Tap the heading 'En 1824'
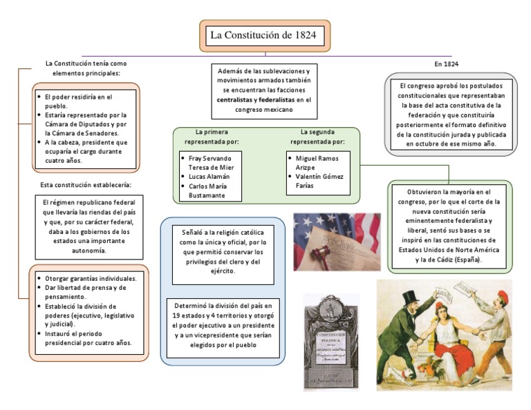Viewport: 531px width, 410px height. tap(446, 64)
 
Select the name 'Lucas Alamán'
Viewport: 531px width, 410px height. tap(208, 176)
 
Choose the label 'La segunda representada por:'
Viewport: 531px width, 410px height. tap(317, 136)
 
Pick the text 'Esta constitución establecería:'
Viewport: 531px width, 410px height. tap(86, 185)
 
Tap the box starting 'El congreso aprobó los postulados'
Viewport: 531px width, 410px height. tap(449, 115)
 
